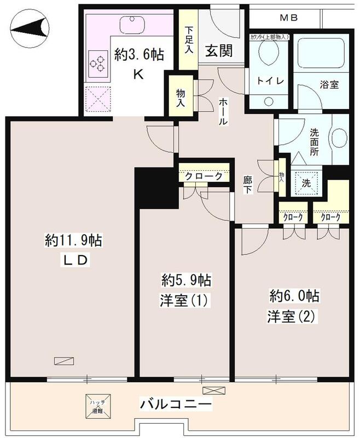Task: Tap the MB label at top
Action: pyautogui.click(x=289, y=18)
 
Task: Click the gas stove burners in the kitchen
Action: pyautogui.click(x=97, y=64)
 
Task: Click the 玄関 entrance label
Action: pyautogui.click(x=219, y=50)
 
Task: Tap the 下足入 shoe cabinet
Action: pyautogui.click(x=188, y=41)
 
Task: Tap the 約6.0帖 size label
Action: pyautogui.click(x=294, y=296)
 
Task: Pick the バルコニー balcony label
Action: pyautogui.click(x=175, y=406)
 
